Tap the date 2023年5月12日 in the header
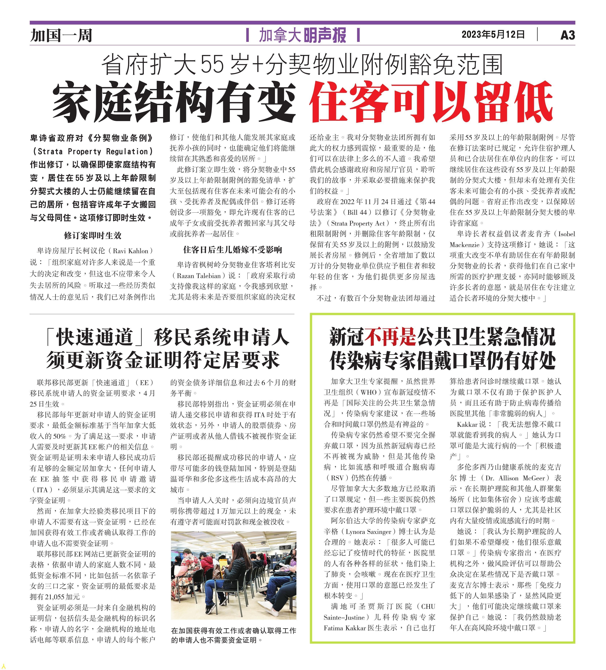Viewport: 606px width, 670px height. [493, 34]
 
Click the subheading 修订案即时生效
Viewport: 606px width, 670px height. [93, 235]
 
